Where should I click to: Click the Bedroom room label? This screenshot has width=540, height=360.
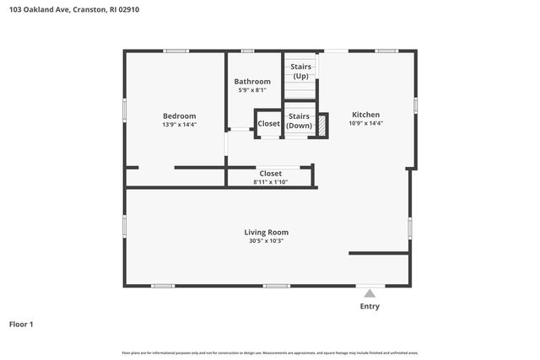pos(179,116)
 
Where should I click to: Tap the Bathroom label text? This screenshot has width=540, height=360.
pos(252,81)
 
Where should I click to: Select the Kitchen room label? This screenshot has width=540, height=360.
pos(365,115)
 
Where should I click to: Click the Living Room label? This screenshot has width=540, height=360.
pos(266,232)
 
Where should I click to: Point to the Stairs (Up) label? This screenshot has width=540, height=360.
pos(300,71)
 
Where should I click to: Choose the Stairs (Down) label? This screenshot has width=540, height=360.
pos(299,121)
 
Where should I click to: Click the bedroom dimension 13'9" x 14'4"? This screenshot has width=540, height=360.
pos(179,125)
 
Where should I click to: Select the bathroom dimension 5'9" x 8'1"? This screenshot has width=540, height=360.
pos(252,89)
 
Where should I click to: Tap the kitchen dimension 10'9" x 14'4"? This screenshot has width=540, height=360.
pos(365,123)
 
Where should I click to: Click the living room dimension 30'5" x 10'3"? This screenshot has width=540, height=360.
pos(266,241)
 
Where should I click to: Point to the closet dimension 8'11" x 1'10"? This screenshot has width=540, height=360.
pos(270,182)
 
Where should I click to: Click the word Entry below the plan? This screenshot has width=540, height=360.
pos(370,306)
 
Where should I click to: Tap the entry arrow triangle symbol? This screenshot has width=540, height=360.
pos(370,293)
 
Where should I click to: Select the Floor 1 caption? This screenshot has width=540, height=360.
pos(22,324)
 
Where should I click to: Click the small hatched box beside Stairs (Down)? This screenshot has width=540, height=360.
pos(321,123)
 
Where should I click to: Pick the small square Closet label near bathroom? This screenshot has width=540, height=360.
pos(268,123)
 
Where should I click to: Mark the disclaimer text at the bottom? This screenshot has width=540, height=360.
pos(269,352)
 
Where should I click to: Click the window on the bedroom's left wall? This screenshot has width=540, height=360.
pos(125,109)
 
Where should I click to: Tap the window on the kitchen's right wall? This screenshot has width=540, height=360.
pos(415,105)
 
